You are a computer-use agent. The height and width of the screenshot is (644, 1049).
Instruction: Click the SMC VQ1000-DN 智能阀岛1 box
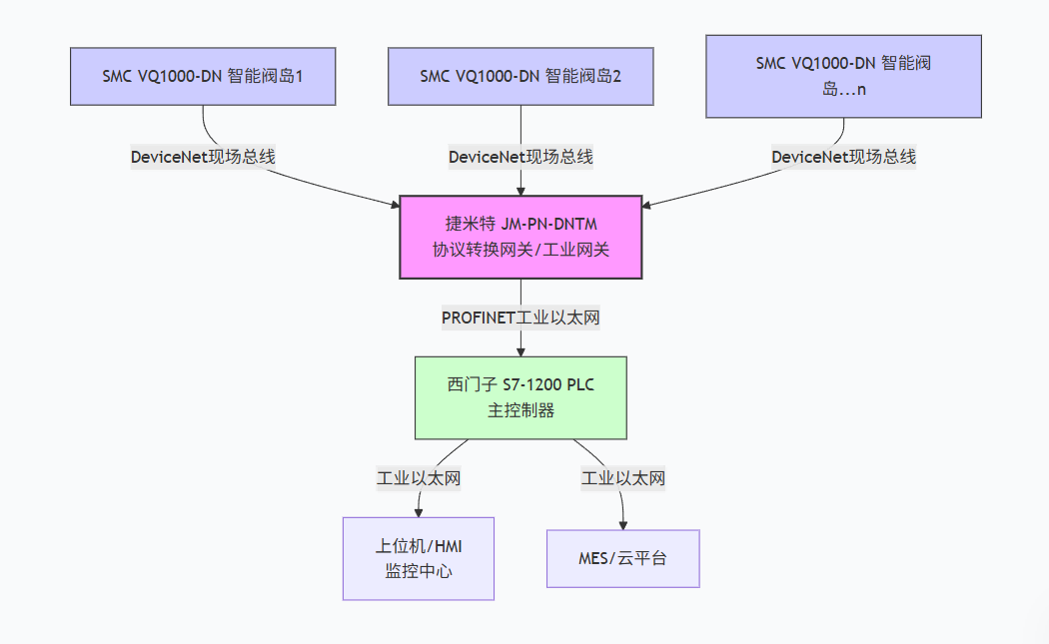coord(203,76)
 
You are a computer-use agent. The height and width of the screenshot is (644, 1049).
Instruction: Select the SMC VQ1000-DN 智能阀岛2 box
coord(521,76)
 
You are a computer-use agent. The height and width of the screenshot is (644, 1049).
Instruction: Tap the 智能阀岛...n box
coord(843,76)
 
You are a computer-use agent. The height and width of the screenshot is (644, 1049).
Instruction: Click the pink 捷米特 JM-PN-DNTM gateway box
coord(521,237)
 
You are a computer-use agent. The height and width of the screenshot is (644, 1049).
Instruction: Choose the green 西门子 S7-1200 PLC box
coord(521,397)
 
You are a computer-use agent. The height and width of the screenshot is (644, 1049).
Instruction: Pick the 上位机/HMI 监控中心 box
coord(419,558)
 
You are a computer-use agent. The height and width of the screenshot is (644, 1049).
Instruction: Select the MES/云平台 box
coord(623,558)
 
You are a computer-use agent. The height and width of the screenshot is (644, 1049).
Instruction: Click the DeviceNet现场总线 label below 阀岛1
coord(203,157)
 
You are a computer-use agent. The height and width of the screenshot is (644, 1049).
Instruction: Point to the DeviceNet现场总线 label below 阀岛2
coord(521,157)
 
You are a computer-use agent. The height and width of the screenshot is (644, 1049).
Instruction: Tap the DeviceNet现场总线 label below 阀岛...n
coord(843,157)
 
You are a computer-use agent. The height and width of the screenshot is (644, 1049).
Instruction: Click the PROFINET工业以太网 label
coord(521,318)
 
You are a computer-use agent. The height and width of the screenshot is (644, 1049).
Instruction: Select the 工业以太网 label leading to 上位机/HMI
coord(419,478)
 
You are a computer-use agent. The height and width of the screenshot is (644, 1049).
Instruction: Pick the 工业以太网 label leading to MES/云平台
coord(623,478)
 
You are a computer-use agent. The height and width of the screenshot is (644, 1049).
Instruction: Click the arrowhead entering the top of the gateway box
coord(521,190)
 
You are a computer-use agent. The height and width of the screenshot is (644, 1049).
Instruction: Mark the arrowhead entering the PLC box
coord(521,350)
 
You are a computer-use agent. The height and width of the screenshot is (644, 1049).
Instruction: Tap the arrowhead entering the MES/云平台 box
coord(624,524)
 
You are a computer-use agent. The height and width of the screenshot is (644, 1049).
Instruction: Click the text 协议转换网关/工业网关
coord(521,250)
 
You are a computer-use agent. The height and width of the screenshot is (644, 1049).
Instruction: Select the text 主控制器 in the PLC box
coord(521,409)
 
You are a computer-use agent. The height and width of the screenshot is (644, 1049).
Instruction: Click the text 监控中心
coord(419,571)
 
